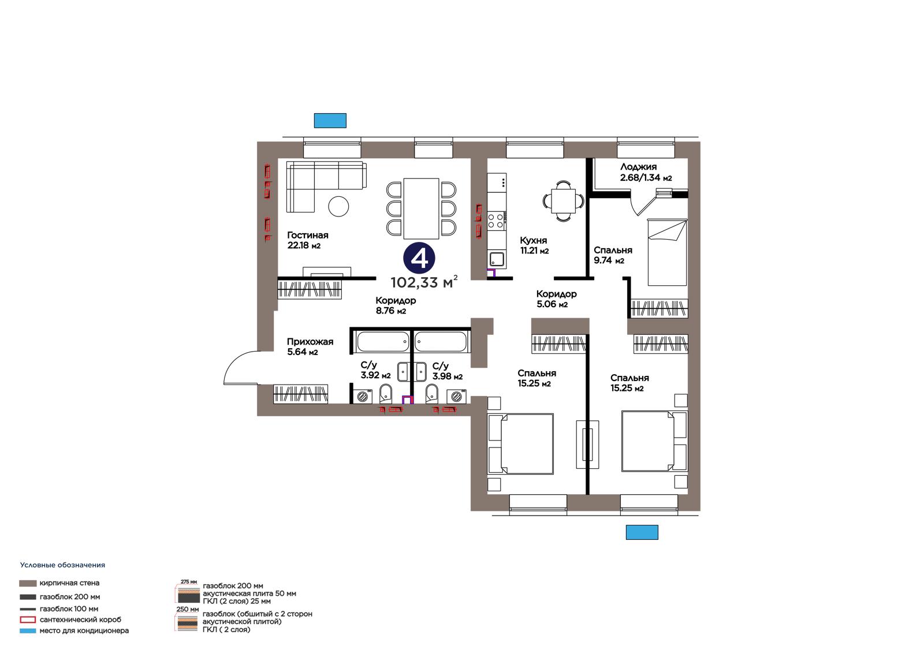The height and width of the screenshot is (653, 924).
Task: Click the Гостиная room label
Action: [308, 235]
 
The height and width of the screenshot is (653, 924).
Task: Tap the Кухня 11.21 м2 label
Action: [534, 245]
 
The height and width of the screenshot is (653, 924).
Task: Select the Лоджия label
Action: [638, 167]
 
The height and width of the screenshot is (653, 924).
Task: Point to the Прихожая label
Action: [310, 342]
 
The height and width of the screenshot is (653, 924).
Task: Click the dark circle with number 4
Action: [419, 259]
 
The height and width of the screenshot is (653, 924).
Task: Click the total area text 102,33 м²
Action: [424, 282]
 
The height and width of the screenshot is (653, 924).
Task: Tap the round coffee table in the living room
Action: [338, 206]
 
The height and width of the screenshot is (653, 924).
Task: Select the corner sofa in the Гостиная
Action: [326, 186]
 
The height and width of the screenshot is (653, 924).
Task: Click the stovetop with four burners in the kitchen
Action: [497, 220]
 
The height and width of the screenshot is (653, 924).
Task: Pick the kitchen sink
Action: [497, 259]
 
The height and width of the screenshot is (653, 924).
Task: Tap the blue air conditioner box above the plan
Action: [330, 121]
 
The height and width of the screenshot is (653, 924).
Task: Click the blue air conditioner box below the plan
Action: [642, 532]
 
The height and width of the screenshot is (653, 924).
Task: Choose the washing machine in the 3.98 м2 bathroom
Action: [456, 397]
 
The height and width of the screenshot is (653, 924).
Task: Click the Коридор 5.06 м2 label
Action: [556, 299]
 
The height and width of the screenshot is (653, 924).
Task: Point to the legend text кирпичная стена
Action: [69, 583]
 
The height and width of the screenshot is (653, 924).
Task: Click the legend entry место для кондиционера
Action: [84, 630]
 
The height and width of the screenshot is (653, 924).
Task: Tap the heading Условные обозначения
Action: [63, 565]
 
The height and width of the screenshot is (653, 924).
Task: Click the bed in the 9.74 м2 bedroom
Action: [667, 252]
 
